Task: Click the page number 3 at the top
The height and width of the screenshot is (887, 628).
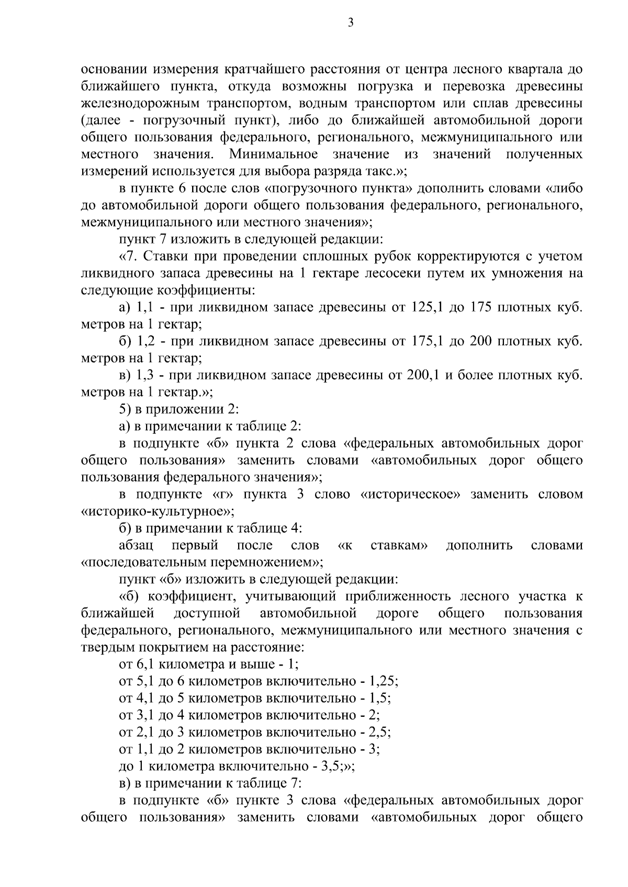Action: coord(350,23)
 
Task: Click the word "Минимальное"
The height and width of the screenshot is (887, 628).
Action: coord(273,154)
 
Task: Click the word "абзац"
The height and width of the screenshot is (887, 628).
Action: coord(136,546)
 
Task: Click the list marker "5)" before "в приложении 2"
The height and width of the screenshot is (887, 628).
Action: coord(125,409)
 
